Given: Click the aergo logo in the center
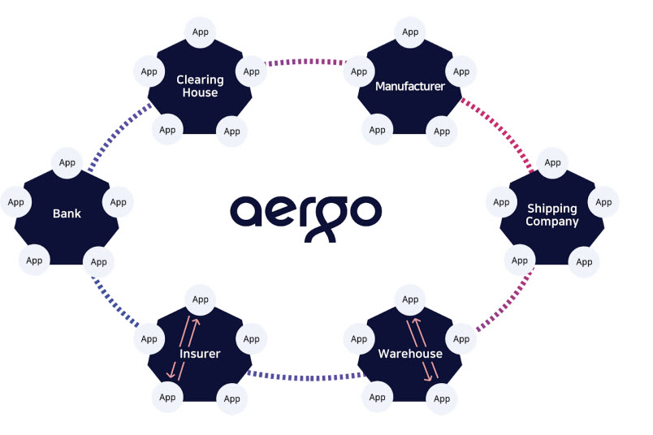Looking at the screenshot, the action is coord(305,217).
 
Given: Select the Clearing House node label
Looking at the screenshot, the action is coord(200,86).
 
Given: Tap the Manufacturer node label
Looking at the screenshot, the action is coord(410,86).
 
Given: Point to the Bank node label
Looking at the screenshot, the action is coord(67,213).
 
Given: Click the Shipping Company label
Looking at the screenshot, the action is coord(551,215).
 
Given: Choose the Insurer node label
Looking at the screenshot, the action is coord(200,353).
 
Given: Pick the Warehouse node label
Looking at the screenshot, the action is coord(410,353).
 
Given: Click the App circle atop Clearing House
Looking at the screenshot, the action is coord(201,32).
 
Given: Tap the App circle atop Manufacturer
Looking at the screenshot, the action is coord(410,32).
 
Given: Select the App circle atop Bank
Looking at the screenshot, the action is coord(67,163).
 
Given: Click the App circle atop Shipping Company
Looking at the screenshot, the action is coord(552,163).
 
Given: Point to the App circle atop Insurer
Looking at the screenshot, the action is coord(201,299).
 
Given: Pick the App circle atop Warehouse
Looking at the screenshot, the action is coord(410,299).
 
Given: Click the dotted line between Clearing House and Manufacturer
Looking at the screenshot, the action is coord(306,62).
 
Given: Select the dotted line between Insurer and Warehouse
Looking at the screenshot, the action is coord(306,377).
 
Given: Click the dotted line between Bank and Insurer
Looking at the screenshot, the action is coord(115,303).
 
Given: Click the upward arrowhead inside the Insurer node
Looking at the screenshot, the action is coord(196,321).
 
